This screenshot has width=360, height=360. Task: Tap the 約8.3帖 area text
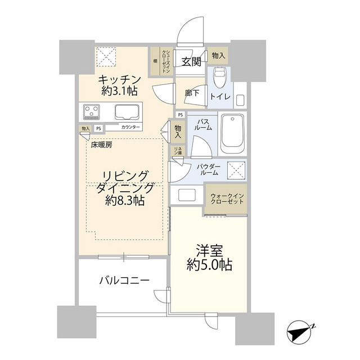123,200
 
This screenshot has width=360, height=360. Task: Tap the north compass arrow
300,331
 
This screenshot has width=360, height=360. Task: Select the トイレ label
219,97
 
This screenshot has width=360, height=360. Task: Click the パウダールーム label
208,170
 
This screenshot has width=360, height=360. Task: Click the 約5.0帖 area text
209,264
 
